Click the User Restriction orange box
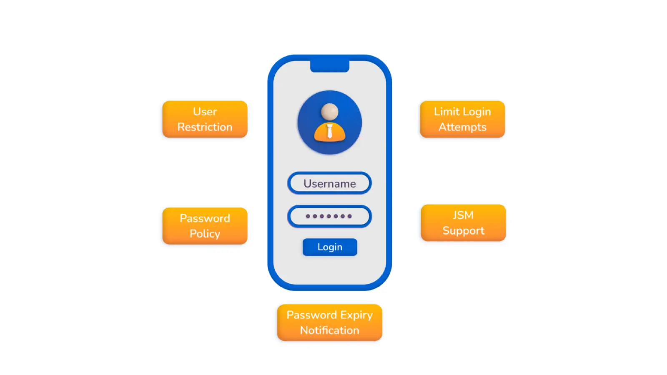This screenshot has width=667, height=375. point(205,119)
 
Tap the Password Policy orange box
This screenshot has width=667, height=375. point(205,226)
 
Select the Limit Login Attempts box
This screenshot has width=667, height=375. point(462,119)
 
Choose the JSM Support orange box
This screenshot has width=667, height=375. point(463,223)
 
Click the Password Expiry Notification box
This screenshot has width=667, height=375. point(329,322)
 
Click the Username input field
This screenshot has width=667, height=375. point(329,183)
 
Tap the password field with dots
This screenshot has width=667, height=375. point(329,216)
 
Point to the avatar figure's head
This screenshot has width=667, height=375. point(330,112)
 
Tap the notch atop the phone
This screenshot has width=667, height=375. point(329,66)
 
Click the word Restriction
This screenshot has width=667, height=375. point(205,127)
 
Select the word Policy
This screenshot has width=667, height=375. point(205,234)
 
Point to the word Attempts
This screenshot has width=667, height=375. point(462,127)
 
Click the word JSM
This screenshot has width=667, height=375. point(463,215)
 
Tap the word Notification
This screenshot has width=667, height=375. point(329,330)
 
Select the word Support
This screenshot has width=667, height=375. point(463,231)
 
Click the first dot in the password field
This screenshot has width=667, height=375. point(308,216)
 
